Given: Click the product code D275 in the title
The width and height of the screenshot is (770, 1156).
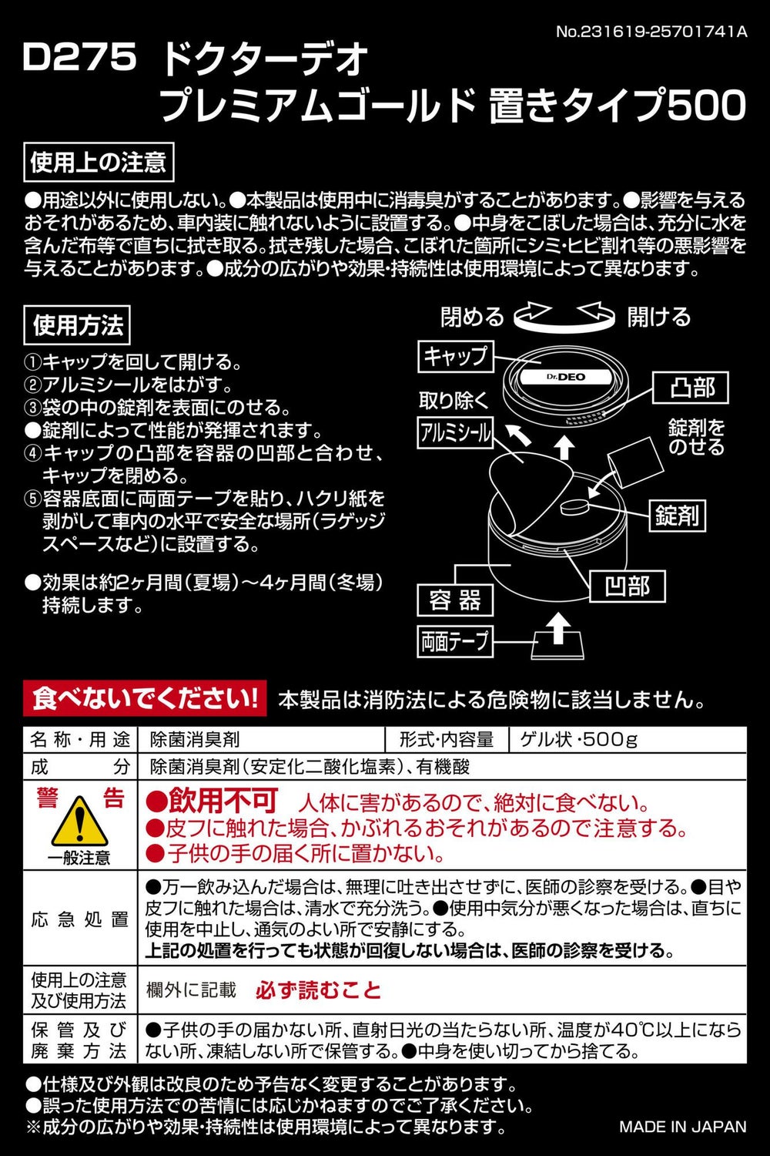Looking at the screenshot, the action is click(x=80, y=57).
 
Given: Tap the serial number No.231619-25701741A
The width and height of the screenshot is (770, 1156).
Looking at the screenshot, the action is click(x=651, y=32).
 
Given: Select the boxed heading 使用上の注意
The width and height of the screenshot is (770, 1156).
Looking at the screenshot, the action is click(x=99, y=163).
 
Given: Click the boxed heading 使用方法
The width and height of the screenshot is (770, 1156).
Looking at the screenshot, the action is click(x=77, y=325).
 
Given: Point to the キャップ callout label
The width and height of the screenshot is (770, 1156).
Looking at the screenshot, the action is click(x=455, y=356).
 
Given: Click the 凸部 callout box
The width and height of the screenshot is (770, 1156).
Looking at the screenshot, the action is click(x=691, y=388).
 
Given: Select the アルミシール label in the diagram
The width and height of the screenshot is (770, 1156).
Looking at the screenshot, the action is click(x=455, y=433).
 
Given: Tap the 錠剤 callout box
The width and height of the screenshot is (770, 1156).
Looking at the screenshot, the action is click(x=677, y=515).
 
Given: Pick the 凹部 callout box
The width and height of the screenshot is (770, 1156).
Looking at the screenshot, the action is click(x=628, y=586).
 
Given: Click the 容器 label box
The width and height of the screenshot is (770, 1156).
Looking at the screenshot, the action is click(x=455, y=600).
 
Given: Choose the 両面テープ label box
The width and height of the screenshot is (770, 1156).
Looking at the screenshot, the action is click(x=455, y=641).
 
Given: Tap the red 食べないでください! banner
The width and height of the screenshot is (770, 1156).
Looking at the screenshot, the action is click(x=145, y=699).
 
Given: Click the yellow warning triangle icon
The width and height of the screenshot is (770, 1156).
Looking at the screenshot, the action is click(x=79, y=821).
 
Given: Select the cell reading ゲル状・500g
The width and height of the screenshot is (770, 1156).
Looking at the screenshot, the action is click(x=578, y=740).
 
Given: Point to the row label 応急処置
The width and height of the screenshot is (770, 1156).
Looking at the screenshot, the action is click(x=79, y=919).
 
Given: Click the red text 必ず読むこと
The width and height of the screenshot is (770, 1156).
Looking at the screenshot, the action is click(x=318, y=990).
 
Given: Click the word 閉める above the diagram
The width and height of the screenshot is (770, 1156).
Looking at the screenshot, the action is click(x=472, y=316).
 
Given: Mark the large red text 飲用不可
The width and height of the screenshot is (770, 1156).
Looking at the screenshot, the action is click(x=223, y=801).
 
